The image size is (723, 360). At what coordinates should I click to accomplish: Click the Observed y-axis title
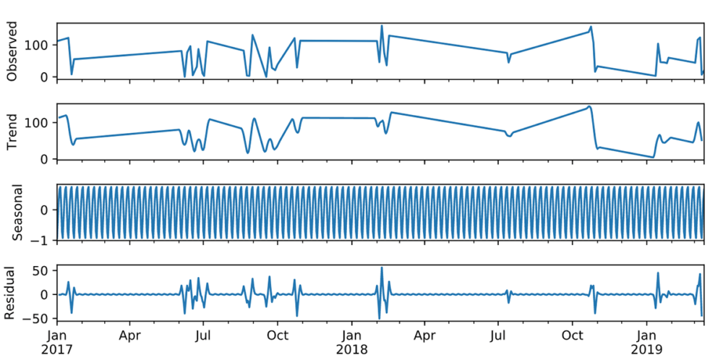pyautogui.click(x=12, y=52)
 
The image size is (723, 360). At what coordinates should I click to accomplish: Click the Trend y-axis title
pyautogui.click(x=12, y=132)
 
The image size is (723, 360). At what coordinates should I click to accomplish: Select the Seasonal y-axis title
pyautogui.click(x=12, y=212)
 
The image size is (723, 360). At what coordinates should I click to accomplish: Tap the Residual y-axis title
pyautogui.click(x=12, y=293)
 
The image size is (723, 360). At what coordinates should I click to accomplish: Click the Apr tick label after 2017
pyautogui.click(x=130, y=335)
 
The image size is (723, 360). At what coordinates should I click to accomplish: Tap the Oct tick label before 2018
pyautogui.click(x=278, y=335)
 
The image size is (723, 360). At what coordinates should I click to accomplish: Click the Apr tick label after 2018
pyautogui.click(x=425, y=335)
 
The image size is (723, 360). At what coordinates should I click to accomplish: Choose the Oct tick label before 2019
pyautogui.click(x=573, y=335)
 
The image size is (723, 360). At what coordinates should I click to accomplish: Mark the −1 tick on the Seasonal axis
pyautogui.click(x=42, y=239)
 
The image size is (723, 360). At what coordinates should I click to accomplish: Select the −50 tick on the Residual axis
pyautogui.click(x=38, y=318)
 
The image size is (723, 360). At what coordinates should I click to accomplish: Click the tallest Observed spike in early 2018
pyautogui.click(x=382, y=26)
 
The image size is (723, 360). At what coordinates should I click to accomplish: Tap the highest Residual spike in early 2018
pyautogui.click(x=382, y=267)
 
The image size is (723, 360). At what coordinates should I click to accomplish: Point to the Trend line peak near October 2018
pyautogui.click(x=589, y=106)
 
